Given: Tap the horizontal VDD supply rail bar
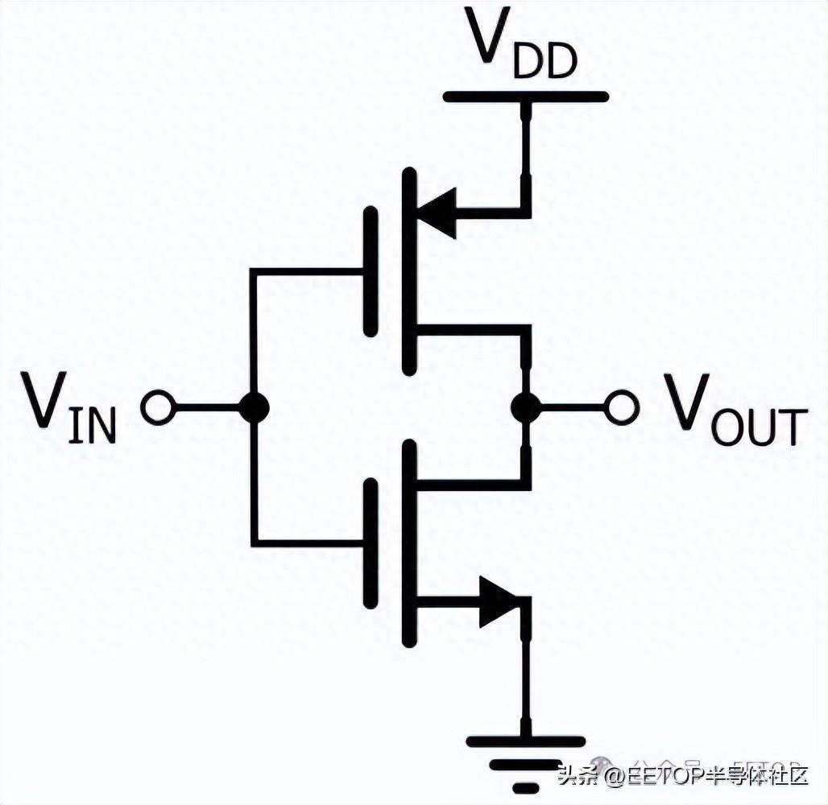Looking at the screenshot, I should [525, 97].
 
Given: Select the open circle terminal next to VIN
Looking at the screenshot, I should [157, 408].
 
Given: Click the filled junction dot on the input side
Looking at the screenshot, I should [254, 408].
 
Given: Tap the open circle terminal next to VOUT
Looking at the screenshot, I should [622, 407].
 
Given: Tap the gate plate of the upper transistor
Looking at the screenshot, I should [370, 271].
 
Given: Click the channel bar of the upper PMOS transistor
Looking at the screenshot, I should [410, 271].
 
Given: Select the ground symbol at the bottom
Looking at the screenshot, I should [525, 761].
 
